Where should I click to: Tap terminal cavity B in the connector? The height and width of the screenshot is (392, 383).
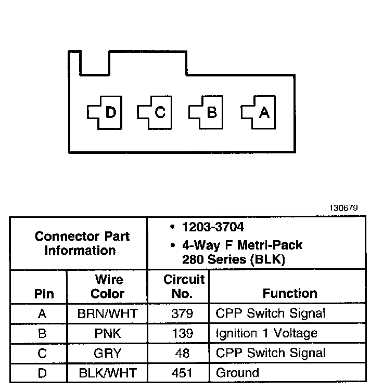pos(207,112)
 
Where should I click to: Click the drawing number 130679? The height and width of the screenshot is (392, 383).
pos(343,208)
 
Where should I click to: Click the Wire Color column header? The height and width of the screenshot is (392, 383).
pos(107,286)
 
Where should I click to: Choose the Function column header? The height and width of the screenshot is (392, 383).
pos(290,293)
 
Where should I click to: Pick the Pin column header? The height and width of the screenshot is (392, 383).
pos(44,294)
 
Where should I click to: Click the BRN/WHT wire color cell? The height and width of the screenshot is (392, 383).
pos(107,313)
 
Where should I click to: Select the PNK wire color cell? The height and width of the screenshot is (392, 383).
pos(107,333)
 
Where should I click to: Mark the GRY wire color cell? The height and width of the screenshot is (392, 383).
pos(107,354)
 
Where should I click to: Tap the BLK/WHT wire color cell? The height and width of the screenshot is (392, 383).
pos(107,373)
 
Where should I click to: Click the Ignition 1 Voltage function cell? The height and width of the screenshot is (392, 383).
pos(266,333)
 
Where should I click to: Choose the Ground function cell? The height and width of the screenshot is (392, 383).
pos(237,373)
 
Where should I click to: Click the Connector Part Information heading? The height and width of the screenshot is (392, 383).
pos(82,243)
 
